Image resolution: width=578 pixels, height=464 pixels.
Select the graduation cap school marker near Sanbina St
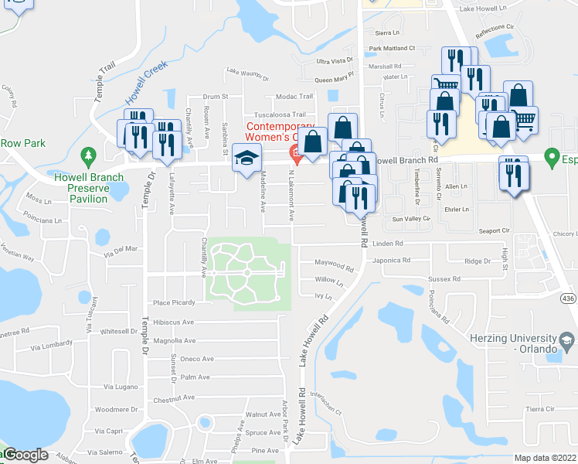click(x=246, y=158)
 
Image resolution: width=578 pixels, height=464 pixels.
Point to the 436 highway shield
click(x=568, y=299)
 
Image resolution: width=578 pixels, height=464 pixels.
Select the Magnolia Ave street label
click(x=174, y=340)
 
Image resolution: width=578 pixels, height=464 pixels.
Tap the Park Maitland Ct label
click(x=392, y=48)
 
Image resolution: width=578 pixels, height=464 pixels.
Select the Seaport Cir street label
click(x=495, y=230)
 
